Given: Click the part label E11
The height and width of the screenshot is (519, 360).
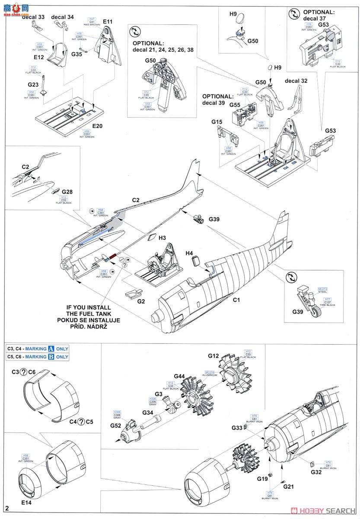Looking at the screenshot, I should point(108,21).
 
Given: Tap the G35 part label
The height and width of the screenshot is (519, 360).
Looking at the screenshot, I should point(76,54).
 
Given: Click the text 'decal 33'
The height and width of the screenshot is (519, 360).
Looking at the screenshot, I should point(33,17).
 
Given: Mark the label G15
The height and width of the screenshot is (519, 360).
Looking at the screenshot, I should point(217,122).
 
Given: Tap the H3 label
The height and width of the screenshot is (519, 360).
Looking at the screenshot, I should point(162,237).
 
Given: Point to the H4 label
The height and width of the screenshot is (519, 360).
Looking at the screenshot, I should point(189,253).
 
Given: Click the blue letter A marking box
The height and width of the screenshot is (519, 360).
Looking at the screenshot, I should point(51,349).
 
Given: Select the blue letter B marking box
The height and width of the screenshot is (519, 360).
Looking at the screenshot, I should point(51,357).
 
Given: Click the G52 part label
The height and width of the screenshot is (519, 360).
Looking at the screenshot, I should point(116,425).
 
